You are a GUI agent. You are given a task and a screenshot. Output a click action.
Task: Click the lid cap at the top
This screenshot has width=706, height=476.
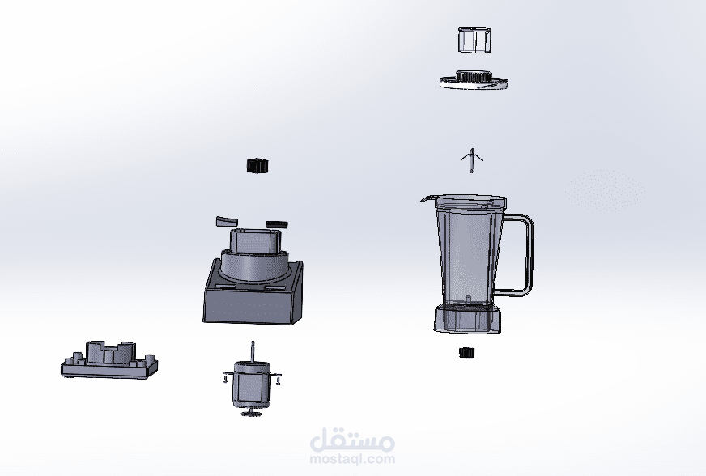[x=474, y=40]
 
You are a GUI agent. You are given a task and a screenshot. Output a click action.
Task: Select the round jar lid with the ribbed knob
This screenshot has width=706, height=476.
[x=474, y=79]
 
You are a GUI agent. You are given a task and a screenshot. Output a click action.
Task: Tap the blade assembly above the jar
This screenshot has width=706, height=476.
[x=471, y=160]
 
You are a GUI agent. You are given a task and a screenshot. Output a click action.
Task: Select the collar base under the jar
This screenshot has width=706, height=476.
[x=467, y=319]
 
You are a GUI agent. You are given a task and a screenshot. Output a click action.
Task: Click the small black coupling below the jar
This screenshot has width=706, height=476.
[x=467, y=353]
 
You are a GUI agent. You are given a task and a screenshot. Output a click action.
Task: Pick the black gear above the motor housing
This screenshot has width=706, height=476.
[x=257, y=166]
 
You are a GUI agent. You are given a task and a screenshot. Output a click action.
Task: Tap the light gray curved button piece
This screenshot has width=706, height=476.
[x=227, y=221]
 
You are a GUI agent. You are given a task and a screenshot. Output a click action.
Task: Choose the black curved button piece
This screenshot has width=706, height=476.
[x=276, y=223]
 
